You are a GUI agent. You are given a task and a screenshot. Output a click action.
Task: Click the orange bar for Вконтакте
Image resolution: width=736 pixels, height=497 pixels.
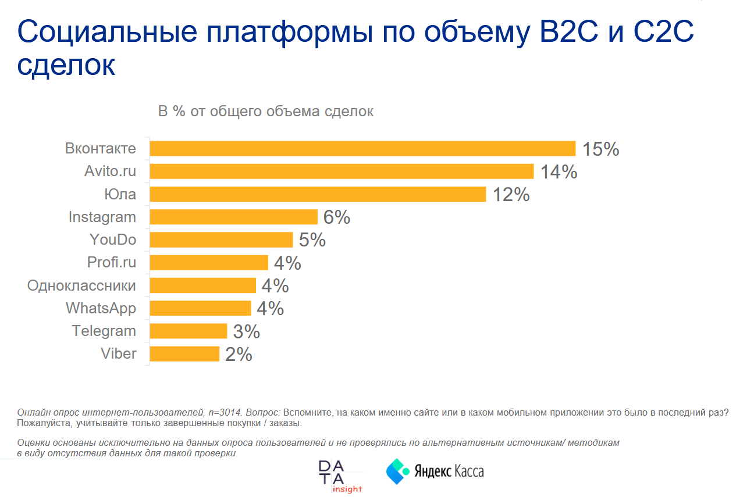[x=362, y=149]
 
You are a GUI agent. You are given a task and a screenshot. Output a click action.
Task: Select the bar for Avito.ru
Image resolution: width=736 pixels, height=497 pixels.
[x=342, y=171]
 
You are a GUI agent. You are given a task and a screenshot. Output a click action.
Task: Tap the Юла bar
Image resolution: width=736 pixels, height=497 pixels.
[x=318, y=194]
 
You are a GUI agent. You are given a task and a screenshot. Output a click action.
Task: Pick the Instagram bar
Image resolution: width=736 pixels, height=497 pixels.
[x=233, y=217]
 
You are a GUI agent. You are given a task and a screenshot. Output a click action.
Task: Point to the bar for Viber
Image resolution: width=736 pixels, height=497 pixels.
[x=184, y=354]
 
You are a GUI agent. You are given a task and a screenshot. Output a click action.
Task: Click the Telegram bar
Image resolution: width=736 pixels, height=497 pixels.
[x=188, y=331]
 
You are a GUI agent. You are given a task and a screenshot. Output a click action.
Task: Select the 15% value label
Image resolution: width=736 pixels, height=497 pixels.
[x=601, y=149]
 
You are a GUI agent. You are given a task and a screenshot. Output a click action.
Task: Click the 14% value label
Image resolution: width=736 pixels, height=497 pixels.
[x=559, y=172]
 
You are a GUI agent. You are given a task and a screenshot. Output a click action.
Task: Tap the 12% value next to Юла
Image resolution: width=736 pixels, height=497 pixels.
[x=511, y=195]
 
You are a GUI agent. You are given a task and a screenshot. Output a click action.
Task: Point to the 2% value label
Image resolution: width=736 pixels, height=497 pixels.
[x=239, y=355]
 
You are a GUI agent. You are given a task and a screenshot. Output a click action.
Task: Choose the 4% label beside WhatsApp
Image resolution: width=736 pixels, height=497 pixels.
[x=270, y=309]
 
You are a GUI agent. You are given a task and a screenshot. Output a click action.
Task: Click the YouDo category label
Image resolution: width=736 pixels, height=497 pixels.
[x=112, y=240]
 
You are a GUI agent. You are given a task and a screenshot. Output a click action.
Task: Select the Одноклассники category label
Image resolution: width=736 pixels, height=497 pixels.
[x=81, y=286]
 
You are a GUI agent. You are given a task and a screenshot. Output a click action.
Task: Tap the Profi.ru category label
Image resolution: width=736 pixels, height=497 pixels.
[x=111, y=263]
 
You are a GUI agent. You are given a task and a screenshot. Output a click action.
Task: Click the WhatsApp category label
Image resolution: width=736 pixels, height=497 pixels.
[x=101, y=309]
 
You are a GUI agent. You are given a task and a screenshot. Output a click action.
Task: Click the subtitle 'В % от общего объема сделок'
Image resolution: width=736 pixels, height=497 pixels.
[x=266, y=112]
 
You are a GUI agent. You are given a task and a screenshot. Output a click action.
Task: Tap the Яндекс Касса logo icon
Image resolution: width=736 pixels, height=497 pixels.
[x=398, y=471]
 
